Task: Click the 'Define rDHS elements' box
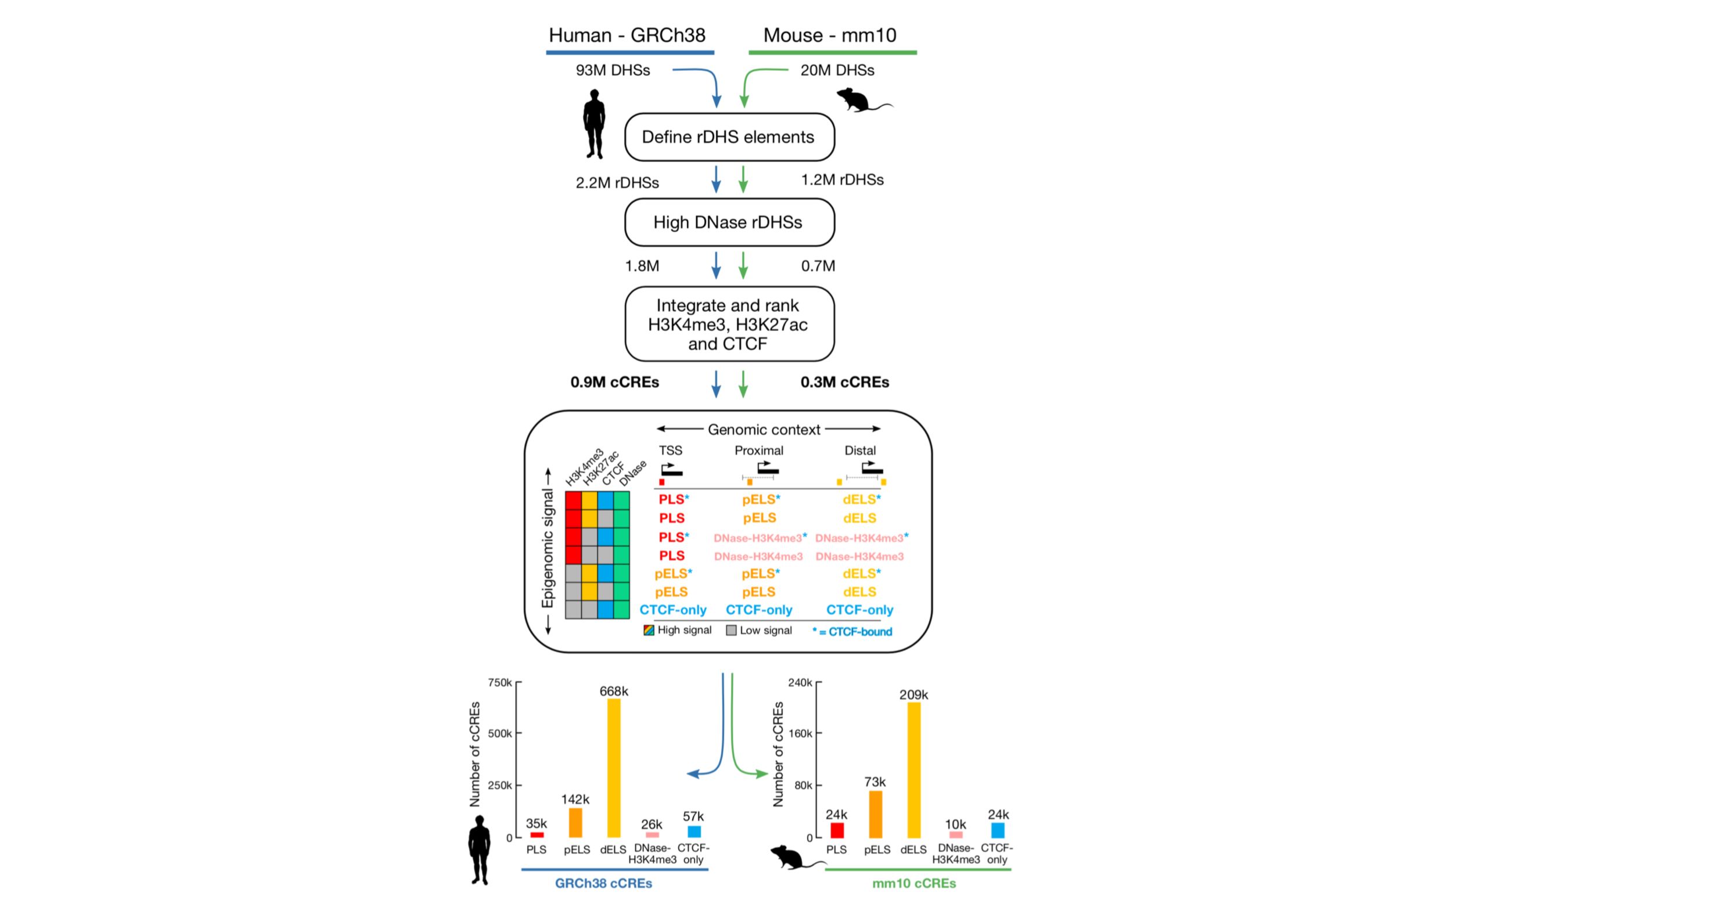(x=729, y=137)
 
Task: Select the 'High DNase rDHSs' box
(x=729, y=222)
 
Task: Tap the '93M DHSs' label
(x=613, y=70)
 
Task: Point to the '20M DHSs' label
(x=837, y=70)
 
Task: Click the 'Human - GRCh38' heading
(x=627, y=35)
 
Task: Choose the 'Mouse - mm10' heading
(x=829, y=35)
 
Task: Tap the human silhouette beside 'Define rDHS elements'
(x=594, y=124)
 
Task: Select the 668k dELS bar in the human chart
(x=613, y=768)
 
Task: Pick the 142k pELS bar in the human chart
(x=575, y=822)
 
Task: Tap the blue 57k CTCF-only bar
(x=693, y=831)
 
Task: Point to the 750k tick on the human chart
(x=500, y=682)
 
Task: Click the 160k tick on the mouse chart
(x=800, y=734)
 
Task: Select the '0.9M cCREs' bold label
(x=614, y=383)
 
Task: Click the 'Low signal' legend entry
(x=760, y=631)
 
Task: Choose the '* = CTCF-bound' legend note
(x=852, y=632)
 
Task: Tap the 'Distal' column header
(x=860, y=451)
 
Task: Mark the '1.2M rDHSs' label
(x=842, y=180)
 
